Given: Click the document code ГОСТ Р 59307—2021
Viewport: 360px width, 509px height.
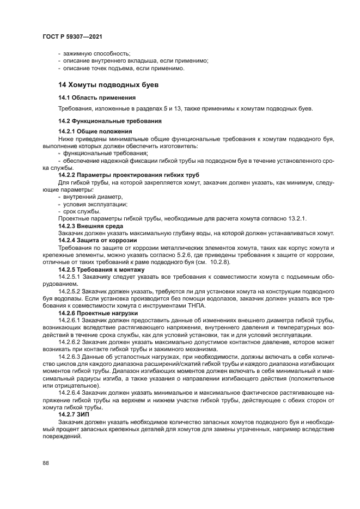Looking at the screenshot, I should coord(72,36).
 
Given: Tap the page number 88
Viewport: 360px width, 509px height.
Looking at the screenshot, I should coord(45,462).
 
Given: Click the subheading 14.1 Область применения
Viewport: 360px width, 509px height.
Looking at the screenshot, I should coord(97,97).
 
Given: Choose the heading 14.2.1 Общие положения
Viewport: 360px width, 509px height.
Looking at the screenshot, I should coord(95,132).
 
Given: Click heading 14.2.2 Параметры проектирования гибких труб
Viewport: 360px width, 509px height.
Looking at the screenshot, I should coord(129,174).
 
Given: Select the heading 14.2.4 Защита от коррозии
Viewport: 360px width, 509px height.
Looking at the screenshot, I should coord(97,240).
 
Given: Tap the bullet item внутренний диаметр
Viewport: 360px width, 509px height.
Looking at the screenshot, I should coord(89,197).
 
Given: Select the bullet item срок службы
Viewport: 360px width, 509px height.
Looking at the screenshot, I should coord(81,211).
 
